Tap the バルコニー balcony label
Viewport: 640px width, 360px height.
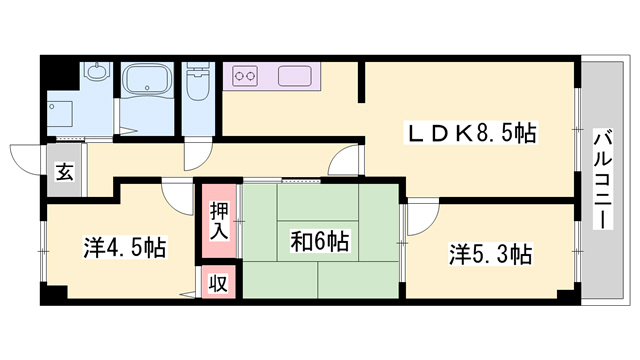click(603, 179)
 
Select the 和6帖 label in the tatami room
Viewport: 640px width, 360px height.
click(319, 241)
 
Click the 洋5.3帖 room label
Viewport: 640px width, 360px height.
click(489, 255)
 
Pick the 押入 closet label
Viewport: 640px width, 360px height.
click(219, 220)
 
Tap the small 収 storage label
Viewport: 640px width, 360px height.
click(217, 282)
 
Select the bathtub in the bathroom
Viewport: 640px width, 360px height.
click(147, 80)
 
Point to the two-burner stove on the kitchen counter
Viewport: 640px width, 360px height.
click(246, 73)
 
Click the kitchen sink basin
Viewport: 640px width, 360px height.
click(297, 73)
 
